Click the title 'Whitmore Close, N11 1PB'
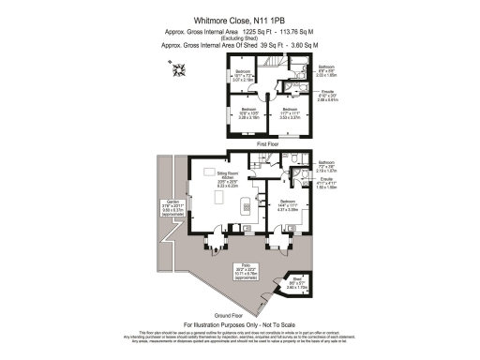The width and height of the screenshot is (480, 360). [x=239, y=17]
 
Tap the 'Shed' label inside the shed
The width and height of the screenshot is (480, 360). [x=295, y=281]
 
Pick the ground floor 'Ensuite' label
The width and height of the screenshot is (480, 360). [x=326, y=181]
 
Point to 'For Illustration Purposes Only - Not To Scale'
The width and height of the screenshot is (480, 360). [x=240, y=323]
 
